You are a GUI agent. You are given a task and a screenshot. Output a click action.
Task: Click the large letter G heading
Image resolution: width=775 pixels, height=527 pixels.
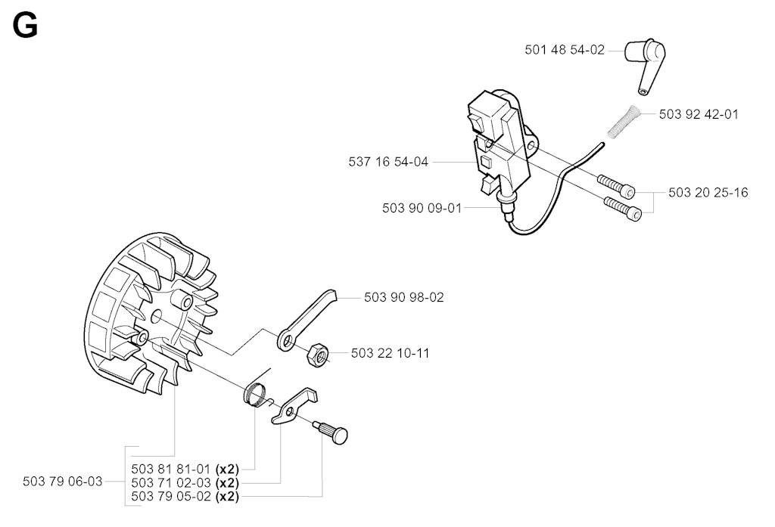(x=26, y=26)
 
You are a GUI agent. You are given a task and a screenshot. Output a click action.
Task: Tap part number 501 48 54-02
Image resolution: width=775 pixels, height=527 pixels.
(x=564, y=50)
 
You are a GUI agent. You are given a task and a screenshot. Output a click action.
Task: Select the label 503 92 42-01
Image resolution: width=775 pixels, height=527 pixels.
(x=699, y=115)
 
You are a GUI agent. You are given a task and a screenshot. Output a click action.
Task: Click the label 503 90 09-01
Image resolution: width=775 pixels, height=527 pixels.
(x=422, y=208)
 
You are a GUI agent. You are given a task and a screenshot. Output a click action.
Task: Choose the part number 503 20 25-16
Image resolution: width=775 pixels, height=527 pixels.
(x=708, y=193)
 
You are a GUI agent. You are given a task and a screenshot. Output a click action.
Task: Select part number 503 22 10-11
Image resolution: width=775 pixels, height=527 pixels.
(x=391, y=353)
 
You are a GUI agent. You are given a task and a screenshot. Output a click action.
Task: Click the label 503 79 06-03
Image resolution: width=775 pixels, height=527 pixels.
(x=63, y=482)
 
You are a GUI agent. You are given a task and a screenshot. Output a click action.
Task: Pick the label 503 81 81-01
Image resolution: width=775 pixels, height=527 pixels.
(x=172, y=468)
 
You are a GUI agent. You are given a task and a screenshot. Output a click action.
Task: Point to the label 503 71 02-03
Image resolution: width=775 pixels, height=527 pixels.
(x=172, y=482)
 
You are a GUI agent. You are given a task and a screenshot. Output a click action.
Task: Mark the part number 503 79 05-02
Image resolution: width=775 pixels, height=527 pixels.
(x=172, y=496)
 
